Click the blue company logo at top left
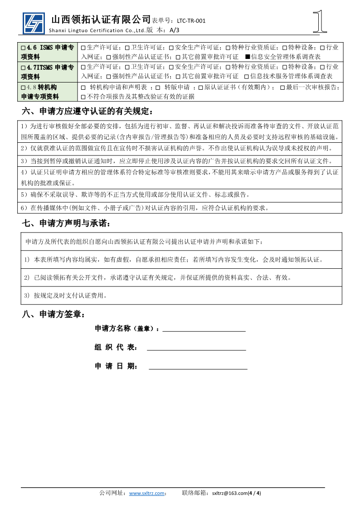(x=34, y=23)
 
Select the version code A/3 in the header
(x=175, y=30)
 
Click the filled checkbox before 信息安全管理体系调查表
(x=247, y=57)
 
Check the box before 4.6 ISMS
(x=24, y=48)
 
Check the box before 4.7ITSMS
(x=24, y=68)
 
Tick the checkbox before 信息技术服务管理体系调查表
(x=247, y=77)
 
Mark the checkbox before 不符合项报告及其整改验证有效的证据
(x=83, y=97)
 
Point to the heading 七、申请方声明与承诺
(x=66, y=223)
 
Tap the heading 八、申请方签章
(x=53, y=314)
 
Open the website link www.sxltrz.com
(x=146, y=493)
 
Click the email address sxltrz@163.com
(x=230, y=493)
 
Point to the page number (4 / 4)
(x=255, y=493)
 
